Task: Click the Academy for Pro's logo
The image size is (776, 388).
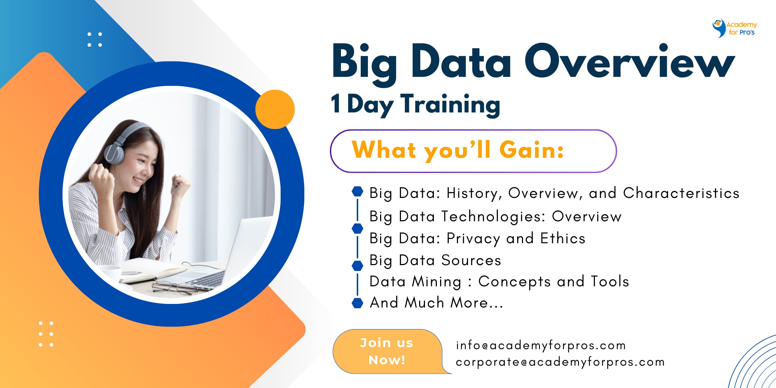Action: coord(734,28)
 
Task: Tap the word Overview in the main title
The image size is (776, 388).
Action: coord(629,61)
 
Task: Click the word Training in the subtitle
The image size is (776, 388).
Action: coord(450,105)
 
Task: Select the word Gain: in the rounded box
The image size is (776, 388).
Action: coord(531,150)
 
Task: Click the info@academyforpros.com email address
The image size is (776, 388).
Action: coord(541,345)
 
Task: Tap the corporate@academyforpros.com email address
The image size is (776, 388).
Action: coord(560,362)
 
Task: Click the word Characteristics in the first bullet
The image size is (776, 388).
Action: coord(681,193)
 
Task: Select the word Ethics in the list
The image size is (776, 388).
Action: coord(563,238)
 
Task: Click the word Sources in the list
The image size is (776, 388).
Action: coord(471,260)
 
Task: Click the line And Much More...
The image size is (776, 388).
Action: coord(436,302)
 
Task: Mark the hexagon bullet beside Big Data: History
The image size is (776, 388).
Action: coord(357,191)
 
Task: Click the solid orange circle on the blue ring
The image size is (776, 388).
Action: coord(275,109)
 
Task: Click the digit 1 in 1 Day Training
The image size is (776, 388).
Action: coord(336,103)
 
